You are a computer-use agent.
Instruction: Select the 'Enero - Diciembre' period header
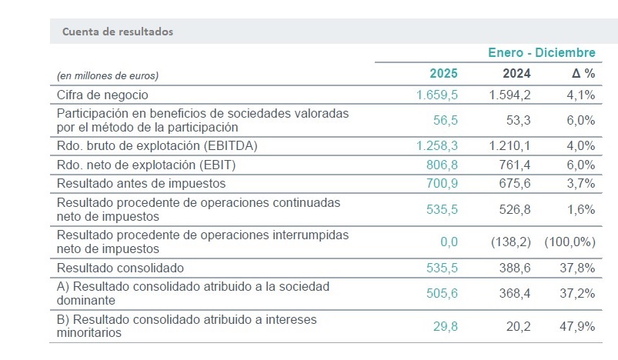coord(542,52)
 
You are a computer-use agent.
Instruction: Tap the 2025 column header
coord(443,74)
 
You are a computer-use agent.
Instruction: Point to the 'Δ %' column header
coord(583,74)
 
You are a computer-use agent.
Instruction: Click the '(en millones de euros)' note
coord(108,75)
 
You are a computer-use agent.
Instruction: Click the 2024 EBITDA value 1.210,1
coord(509,145)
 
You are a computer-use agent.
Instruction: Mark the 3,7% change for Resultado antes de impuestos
coord(580,184)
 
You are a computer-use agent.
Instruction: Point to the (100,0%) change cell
coord(570,242)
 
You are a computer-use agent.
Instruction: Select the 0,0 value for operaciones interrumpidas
coord(448,242)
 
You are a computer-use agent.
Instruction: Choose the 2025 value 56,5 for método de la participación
coord(445,120)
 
